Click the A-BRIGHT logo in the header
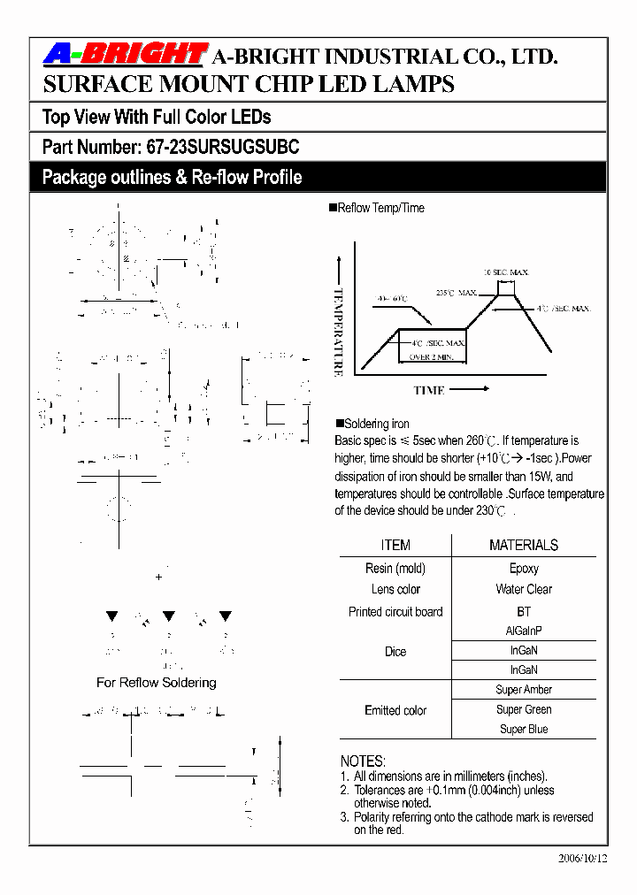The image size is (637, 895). [x=125, y=56]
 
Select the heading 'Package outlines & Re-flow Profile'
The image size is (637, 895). [x=172, y=178]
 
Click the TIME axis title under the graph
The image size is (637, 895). [x=429, y=390]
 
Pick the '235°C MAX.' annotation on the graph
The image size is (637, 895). [x=457, y=293]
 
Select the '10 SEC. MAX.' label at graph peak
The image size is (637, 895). [x=505, y=272]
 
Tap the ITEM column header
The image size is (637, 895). [x=395, y=545]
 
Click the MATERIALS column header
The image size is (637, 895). [x=524, y=545]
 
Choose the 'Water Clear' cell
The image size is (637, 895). [x=524, y=589]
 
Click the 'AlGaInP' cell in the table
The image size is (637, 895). [x=524, y=631]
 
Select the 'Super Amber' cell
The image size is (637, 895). [x=524, y=690]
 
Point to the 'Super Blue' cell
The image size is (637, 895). [x=524, y=730]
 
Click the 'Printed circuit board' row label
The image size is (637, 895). [x=395, y=612]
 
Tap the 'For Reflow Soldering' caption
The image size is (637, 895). [x=156, y=683]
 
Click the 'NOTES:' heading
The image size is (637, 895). [x=363, y=761]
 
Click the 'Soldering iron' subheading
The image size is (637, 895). [x=376, y=424]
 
